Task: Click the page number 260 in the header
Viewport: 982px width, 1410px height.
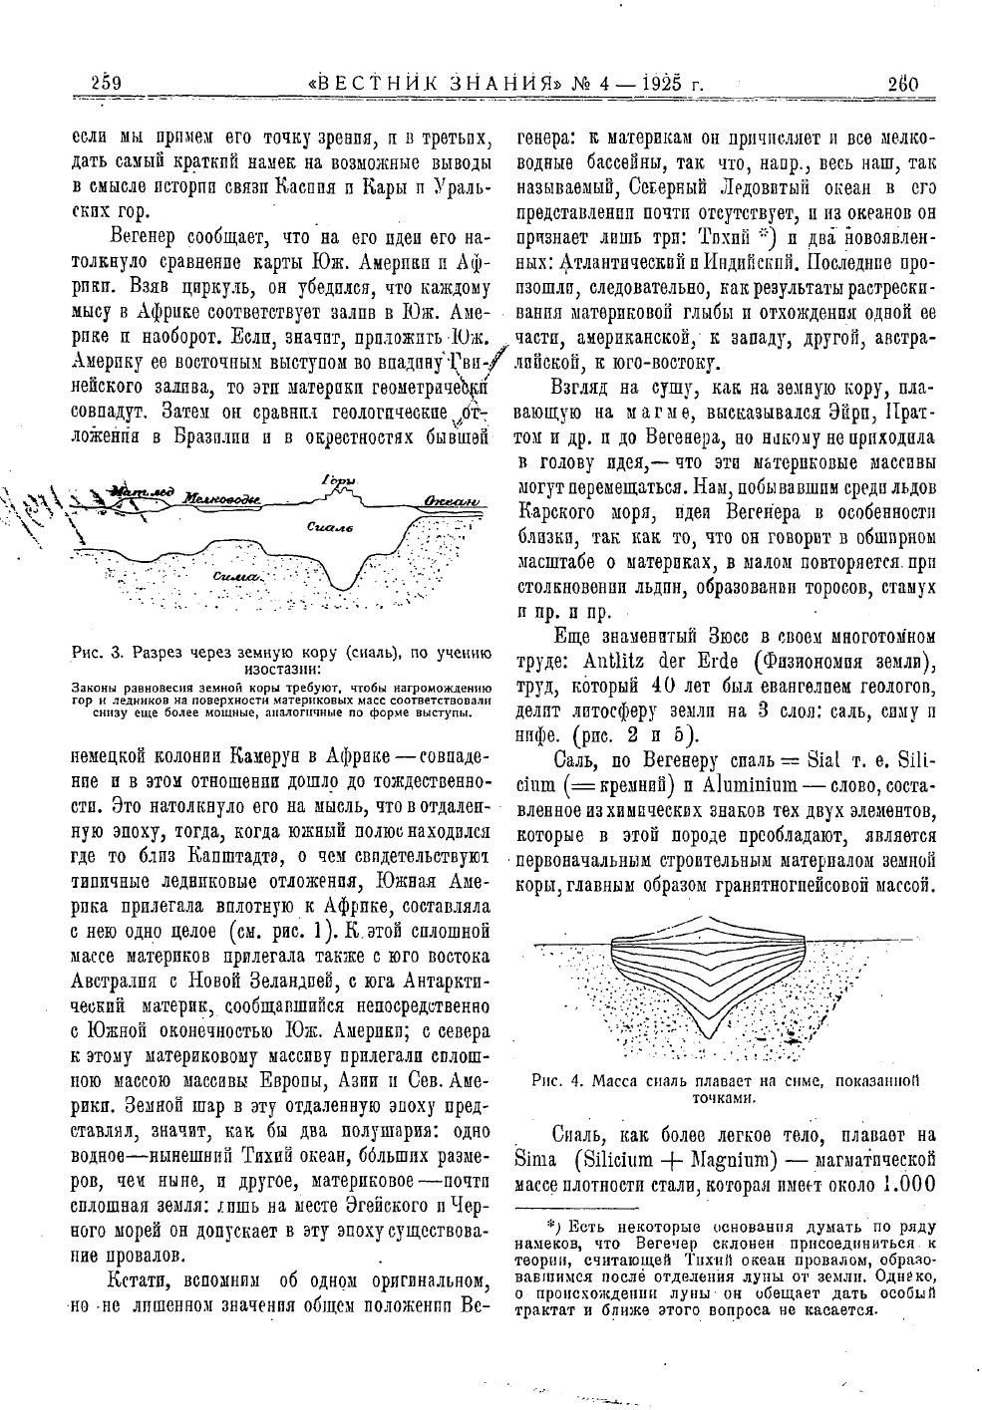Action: click(902, 84)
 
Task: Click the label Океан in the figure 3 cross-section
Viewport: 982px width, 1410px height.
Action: click(451, 499)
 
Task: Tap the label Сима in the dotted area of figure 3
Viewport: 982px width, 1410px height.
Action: click(239, 576)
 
